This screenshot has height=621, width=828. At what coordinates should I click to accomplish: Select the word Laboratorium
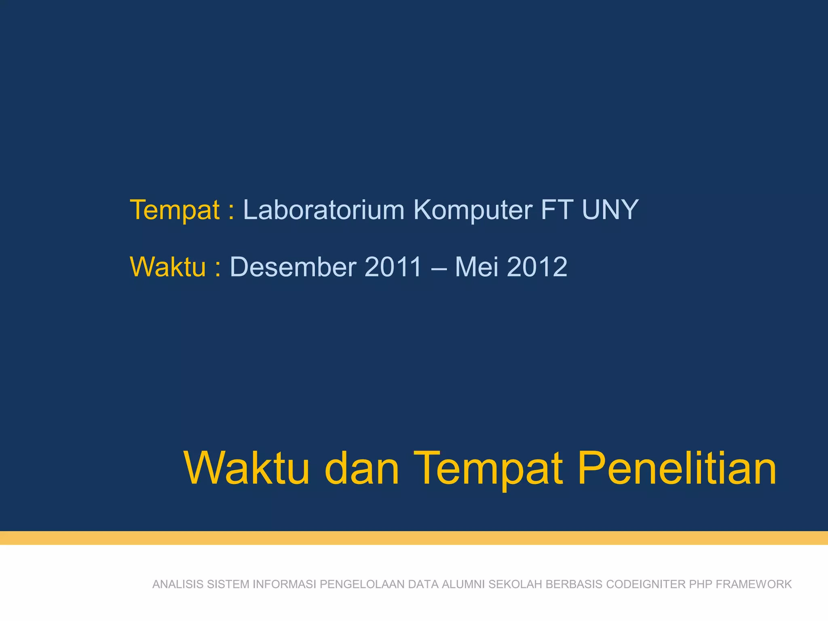tap(323, 210)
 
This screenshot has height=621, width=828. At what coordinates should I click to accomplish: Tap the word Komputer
tap(473, 210)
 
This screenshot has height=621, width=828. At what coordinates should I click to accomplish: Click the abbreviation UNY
tap(610, 210)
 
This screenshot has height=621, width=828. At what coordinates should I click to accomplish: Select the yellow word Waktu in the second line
tap(168, 267)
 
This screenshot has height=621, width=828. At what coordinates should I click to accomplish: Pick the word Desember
tap(293, 267)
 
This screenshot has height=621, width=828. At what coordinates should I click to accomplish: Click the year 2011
tap(393, 267)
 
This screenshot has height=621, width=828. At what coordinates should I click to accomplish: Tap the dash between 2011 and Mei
tap(439, 268)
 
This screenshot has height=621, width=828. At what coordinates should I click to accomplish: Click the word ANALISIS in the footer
tap(178, 584)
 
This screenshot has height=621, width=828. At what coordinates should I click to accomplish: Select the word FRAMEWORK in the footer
tap(754, 584)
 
